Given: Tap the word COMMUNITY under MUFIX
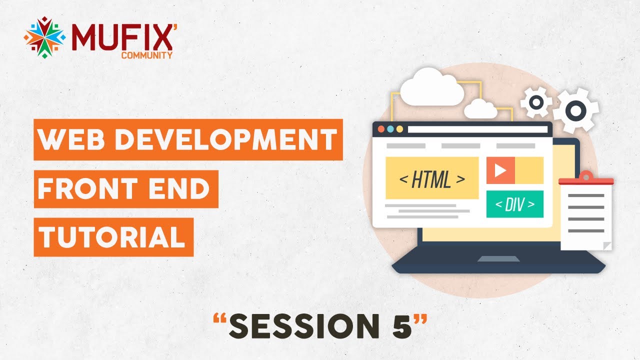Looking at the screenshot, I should click(x=147, y=55).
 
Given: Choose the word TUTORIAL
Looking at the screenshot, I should click(x=113, y=237).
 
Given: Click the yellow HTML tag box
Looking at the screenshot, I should click(x=432, y=178).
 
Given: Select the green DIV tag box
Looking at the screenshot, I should click(x=514, y=204).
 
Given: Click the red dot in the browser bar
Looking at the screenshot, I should click(x=381, y=129).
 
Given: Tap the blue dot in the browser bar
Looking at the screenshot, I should click(x=390, y=129).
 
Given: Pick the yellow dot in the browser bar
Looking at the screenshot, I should click(x=399, y=129).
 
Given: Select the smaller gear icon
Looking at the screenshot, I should click(x=536, y=102).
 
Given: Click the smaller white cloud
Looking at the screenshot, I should click(x=480, y=108).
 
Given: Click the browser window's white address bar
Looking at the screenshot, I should click(x=477, y=129).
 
